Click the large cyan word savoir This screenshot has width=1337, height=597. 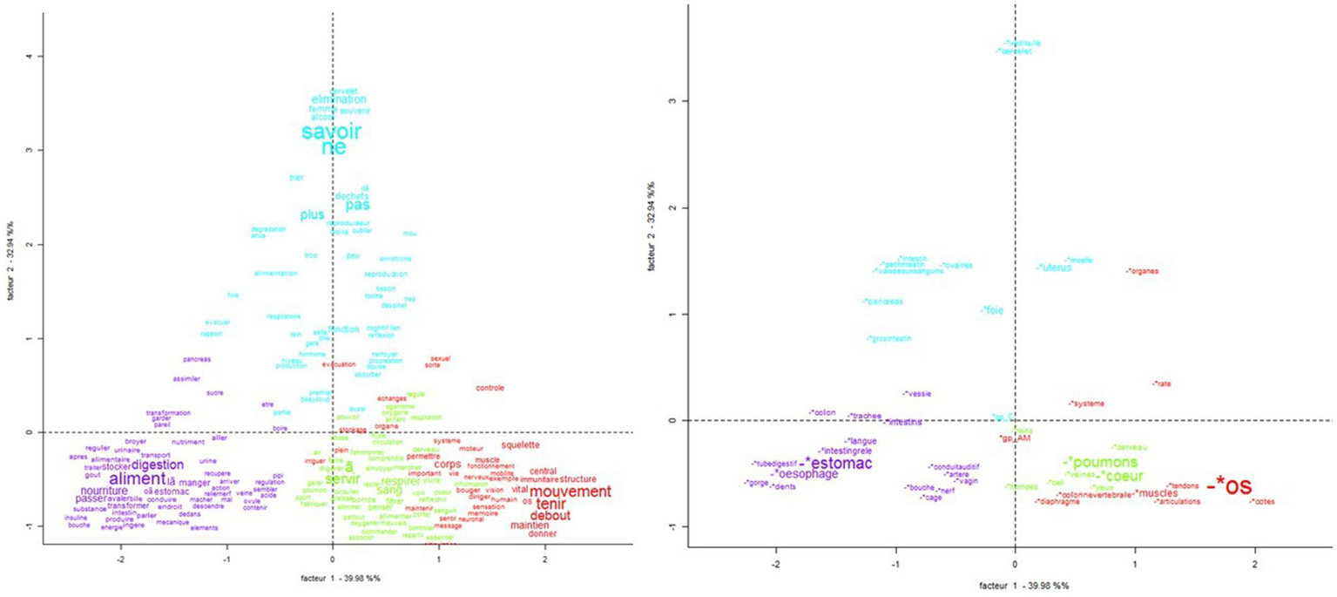[x=331, y=132]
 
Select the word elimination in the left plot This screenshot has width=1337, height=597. [x=339, y=99]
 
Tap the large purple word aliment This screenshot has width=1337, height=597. [x=137, y=479]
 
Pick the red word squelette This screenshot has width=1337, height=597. [x=521, y=444]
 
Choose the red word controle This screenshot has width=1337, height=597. [x=490, y=388]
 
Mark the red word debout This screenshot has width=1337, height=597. [x=550, y=515]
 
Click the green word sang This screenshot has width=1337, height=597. [x=389, y=491]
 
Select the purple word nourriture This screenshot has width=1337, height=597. [x=103, y=491]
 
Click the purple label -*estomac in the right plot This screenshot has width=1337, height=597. [x=837, y=464]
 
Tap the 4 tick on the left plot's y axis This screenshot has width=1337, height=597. [x=30, y=57]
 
